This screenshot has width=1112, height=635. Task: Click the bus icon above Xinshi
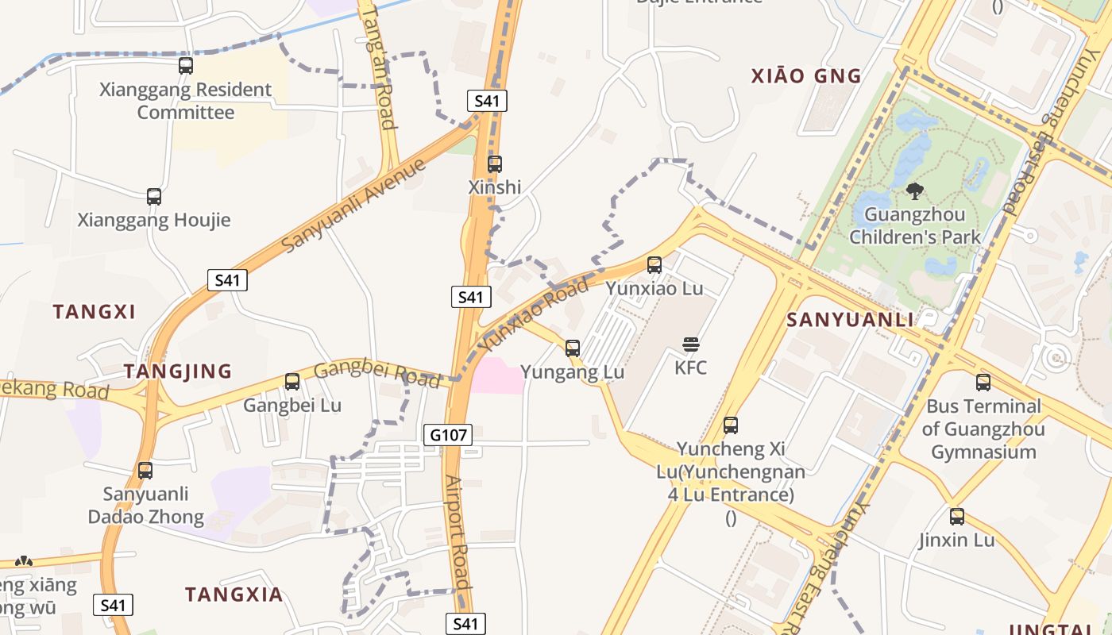coord(494,164)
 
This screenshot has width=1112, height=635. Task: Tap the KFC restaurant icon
coord(691,344)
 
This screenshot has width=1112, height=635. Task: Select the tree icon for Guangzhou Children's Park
coord(915,190)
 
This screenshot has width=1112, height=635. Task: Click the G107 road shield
coord(449,435)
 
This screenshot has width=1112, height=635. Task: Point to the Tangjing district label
coord(178,371)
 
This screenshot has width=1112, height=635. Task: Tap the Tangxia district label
coord(234,595)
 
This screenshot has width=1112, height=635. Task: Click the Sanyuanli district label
coord(850,320)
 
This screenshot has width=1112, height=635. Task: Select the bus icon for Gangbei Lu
coord(292,382)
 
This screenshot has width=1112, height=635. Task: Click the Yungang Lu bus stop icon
coord(572,348)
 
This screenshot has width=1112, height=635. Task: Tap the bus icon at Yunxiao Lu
coord(654,264)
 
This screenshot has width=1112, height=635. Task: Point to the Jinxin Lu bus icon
coord(957,517)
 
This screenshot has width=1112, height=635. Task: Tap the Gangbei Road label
coord(376,375)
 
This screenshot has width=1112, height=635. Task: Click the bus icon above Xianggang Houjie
coord(154,196)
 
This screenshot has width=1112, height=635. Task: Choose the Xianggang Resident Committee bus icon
coord(186,65)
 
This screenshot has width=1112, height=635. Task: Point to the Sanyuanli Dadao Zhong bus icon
coord(145,471)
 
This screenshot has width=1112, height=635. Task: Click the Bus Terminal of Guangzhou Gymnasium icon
coord(983,383)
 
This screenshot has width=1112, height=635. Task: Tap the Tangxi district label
coord(95,312)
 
